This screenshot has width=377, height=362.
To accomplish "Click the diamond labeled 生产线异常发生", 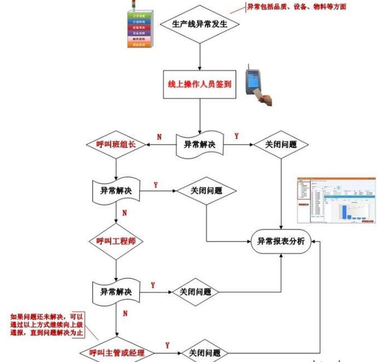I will coord(200,24).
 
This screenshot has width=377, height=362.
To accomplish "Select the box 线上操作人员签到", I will coord(199,85).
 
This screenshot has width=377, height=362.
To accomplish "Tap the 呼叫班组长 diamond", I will coord(115,145).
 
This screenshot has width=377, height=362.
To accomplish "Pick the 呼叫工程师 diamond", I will coord(115,242).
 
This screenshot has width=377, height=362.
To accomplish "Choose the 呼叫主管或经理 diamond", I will coord(118,352).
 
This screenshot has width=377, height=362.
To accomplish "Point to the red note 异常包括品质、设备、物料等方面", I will coord(297,7).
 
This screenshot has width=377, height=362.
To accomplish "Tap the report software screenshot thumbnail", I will coord(337,200).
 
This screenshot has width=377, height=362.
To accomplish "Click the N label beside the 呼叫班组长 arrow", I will coord(159,137).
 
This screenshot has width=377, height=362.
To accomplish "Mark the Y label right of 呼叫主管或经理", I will coord(167,346).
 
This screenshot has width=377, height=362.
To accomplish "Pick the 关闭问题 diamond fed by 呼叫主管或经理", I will coord(204,353).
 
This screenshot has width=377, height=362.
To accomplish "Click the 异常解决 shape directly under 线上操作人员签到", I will coord(199,144).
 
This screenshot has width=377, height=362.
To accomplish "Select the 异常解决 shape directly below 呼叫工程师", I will coord(116,291).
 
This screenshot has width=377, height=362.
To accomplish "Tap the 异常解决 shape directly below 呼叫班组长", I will coord(116,191).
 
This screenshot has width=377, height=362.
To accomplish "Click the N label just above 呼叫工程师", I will coord(124,213).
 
